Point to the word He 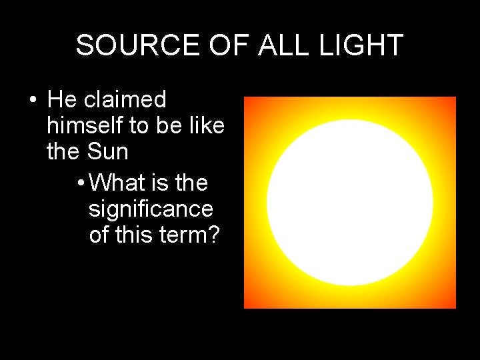pos(63,100)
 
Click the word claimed pos(125,100)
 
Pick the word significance pos(151,209)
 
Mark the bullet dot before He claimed pos(31,101)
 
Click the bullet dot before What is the pos(80,183)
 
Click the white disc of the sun pos(350,202)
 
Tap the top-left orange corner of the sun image pos(250,103)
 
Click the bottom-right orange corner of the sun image pos(450,303)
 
